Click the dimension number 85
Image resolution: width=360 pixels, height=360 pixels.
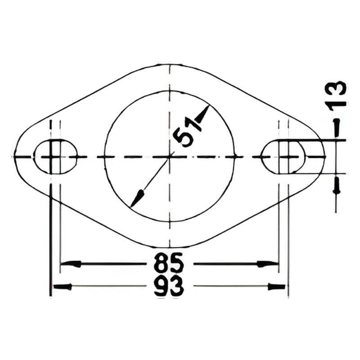pos(169,263)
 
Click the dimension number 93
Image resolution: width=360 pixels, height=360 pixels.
pos(169,286)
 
